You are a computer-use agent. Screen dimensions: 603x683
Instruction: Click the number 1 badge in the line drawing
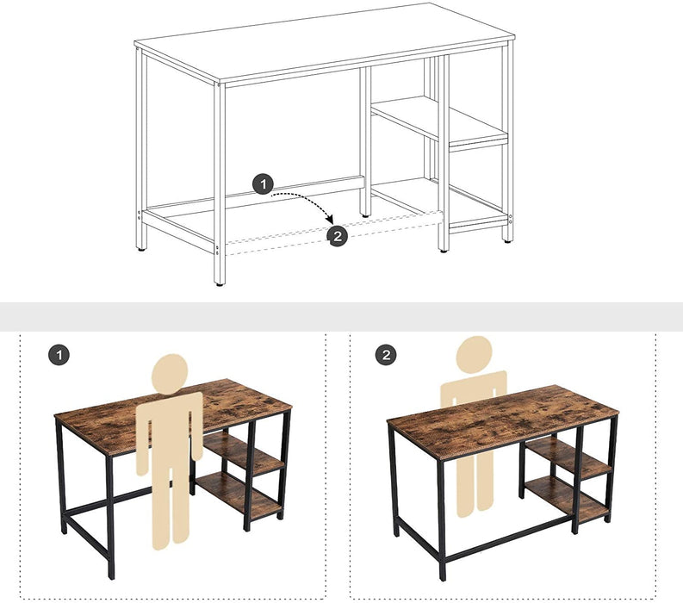pyautogui.click(x=264, y=183)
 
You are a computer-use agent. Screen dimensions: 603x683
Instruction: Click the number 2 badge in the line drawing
pyautogui.click(x=338, y=236)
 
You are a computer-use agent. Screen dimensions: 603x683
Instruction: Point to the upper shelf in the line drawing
pyautogui.click(x=439, y=121)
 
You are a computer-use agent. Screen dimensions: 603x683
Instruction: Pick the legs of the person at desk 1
pyautogui.click(x=170, y=500)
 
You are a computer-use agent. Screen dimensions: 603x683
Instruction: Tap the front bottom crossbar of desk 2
pyautogui.click(x=508, y=542)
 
